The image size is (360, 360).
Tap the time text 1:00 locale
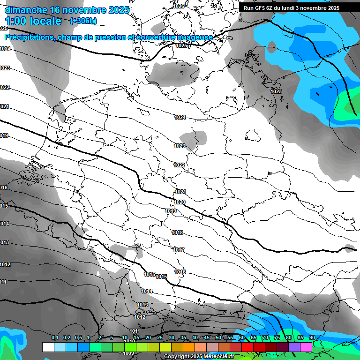(x=33, y=21)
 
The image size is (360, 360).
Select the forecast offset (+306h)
(x=83, y=21)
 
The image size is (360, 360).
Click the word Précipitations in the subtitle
(x=29, y=37)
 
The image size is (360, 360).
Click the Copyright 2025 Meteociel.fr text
(x=199, y=357)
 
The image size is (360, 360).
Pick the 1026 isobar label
(x=179, y=6)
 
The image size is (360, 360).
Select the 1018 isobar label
(x=177, y=233)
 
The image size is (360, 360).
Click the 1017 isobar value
(x=179, y=250)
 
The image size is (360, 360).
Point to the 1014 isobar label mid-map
(x=147, y=291)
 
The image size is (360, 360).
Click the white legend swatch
(x=48, y=347)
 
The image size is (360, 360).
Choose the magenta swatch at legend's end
(x=306, y=347)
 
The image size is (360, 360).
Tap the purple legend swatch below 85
(x=294, y=347)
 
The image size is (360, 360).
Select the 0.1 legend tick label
(x=54, y=337)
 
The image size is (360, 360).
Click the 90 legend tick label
(x=312, y=337)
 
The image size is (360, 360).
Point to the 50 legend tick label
(x=218, y=337)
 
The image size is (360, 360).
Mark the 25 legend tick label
(x=160, y=337)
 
